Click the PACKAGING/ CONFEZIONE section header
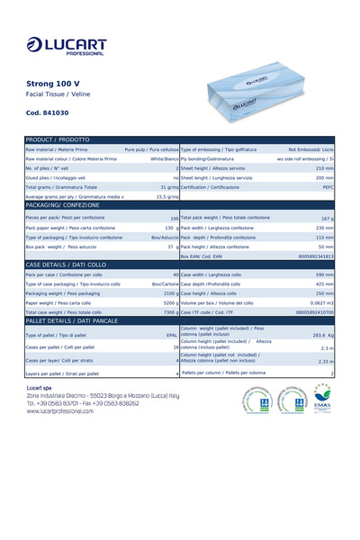pyautogui.click(x=62, y=205)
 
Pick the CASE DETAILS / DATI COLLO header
pyautogui.click(x=63, y=264)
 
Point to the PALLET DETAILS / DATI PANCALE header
pyautogui.click(x=72, y=320)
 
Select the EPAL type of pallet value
pyautogui.click(x=172, y=335)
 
